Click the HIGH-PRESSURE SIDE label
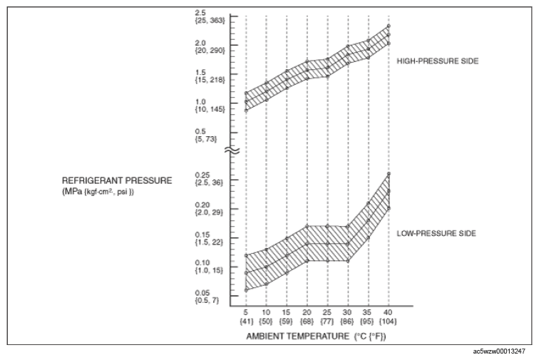[x=438, y=61]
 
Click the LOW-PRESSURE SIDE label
[x=436, y=234]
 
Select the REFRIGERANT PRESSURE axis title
[x=117, y=181]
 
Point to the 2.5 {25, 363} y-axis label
[x=210, y=17]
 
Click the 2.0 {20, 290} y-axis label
[x=210, y=47]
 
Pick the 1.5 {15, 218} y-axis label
[x=210, y=76]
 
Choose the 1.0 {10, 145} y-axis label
[x=210, y=106]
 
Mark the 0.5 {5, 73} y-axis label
[x=206, y=135]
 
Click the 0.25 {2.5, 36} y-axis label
[x=209, y=179]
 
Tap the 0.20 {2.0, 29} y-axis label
[x=209, y=209]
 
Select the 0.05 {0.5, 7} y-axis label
[x=207, y=297]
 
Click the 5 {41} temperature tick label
[x=246, y=317]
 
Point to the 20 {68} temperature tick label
[x=307, y=317]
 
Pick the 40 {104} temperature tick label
[x=388, y=317]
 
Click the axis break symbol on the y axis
[x=232, y=150]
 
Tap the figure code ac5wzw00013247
[x=499, y=351]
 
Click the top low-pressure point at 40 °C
[x=389, y=174]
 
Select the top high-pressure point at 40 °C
[x=389, y=26]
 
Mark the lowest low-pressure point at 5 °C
[x=246, y=290]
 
